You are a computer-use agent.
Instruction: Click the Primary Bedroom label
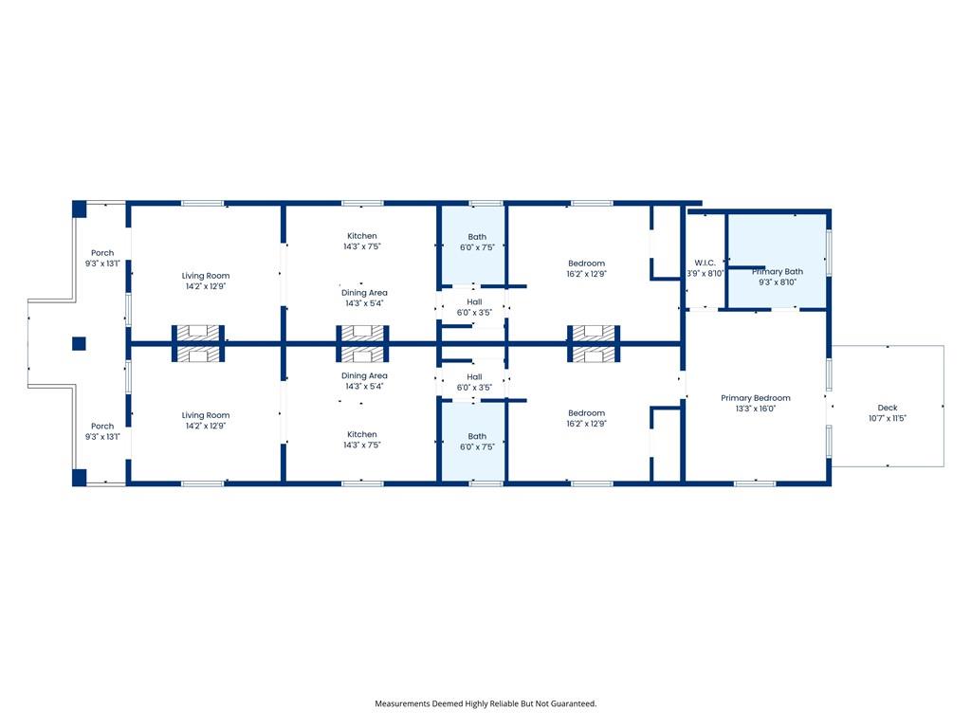click(x=755, y=398)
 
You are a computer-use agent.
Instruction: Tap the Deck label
click(x=887, y=408)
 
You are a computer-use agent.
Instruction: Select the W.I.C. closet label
click(x=705, y=263)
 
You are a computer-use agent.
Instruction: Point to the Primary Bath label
click(x=778, y=272)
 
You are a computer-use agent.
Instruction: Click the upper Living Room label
click(x=206, y=276)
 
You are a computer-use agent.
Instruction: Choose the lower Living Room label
click(x=206, y=415)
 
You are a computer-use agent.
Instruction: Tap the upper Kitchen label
click(x=361, y=236)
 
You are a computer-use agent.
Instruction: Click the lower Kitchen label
click(x=361, y=434)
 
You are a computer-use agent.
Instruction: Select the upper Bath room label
click(x=477, y=236)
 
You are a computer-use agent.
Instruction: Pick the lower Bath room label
click(x=477, y=436)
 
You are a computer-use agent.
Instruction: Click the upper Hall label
click(x=474, y=302)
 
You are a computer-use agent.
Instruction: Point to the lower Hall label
click(x=474, y=377)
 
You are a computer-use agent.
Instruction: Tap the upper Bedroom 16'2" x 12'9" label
click(x=586, y=268)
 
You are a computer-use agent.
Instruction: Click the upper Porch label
click(x=102, y=253)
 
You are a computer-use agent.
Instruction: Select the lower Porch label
click(x=102, y=427)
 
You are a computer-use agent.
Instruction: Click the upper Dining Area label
click(x=364, y=293)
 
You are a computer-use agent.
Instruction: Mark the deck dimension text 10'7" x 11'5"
click(x=887, y=418)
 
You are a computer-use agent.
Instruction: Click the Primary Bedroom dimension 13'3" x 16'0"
click(x=756, y=409)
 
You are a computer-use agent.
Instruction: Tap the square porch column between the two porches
click(x=79, y=343)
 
